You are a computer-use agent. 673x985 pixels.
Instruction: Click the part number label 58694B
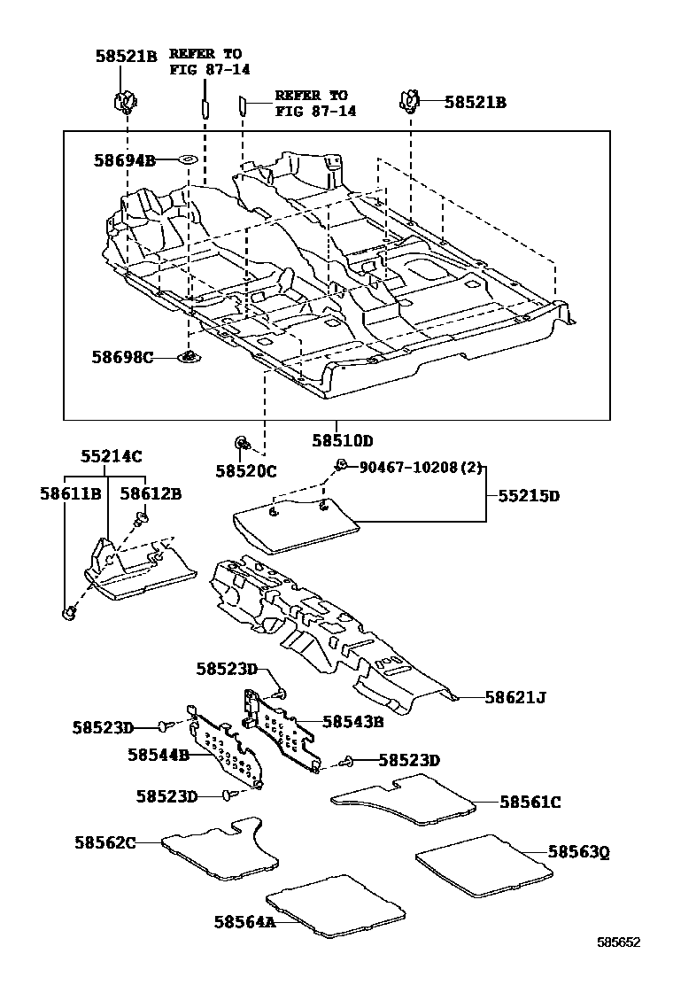124,160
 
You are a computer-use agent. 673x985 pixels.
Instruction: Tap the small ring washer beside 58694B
187,159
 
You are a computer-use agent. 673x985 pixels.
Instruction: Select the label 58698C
121,357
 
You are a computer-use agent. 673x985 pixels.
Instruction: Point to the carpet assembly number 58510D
342,440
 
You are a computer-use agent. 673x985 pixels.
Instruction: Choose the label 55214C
112,456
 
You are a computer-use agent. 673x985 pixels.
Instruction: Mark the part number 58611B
69,492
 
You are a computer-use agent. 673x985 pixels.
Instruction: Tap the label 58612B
151,492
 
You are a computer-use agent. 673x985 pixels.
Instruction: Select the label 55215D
529,496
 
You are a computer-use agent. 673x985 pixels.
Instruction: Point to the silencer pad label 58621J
515,697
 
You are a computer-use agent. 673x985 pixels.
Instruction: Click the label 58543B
352,722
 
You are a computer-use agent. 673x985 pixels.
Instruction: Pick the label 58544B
159,755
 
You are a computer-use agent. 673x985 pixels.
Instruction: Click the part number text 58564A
244,922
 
